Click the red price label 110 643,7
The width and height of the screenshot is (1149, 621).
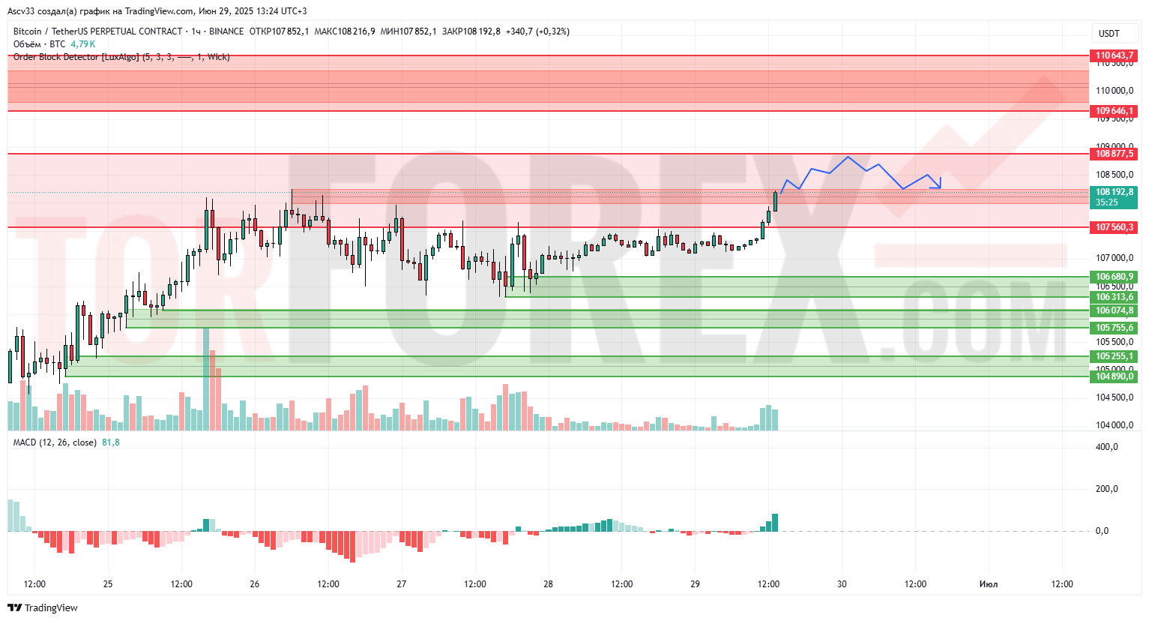(1113, 55)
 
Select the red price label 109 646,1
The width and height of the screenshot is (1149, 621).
(1113, 111)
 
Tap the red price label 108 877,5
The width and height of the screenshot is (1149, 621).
(1113, 154)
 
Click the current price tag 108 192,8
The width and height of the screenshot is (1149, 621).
(1113, 193)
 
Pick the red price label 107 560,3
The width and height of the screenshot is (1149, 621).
(1113, 227)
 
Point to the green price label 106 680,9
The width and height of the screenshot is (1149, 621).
(1113, 277)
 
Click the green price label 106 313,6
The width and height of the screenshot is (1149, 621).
(1113, 297)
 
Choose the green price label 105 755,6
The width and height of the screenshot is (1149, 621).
(1113, 328)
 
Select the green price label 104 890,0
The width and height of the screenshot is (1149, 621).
(1113, 376)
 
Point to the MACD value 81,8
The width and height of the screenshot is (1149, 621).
(111, 442)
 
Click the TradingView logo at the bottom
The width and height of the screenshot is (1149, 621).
(43, 607)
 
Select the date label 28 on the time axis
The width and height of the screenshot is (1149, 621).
(549, 584)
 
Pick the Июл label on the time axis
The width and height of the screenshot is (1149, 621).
(989, 584)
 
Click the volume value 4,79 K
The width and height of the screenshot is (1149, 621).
(82, 44)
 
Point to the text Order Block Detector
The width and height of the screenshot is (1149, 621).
(55, 57)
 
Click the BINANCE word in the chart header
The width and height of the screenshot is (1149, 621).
(226, 31)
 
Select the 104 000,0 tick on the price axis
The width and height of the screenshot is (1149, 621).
(1114, 425)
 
